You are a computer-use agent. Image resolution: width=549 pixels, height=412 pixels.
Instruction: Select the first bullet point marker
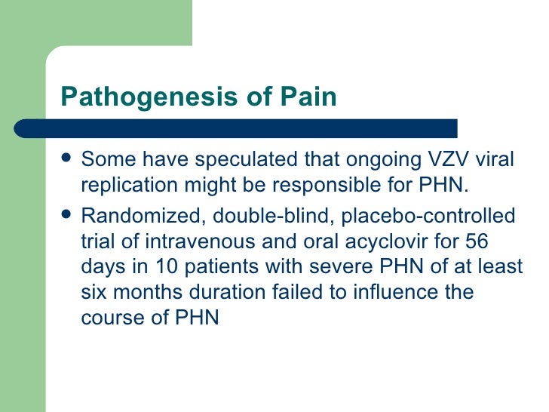(67, 160)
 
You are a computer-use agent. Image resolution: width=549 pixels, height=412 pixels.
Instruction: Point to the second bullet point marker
(67, 217)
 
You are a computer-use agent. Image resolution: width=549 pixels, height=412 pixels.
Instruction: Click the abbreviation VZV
(436, 160)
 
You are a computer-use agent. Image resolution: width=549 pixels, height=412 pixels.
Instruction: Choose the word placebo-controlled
(429, 217)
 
